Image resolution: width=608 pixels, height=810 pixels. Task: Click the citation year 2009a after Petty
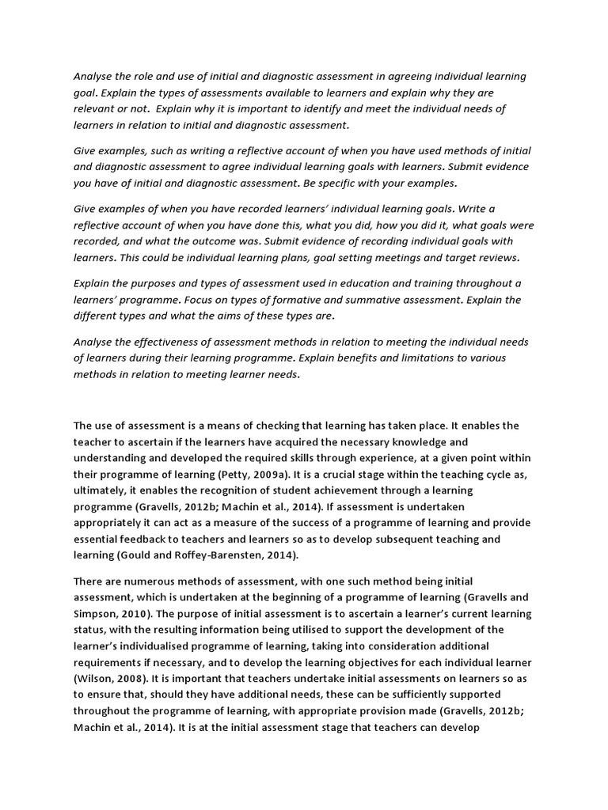[268, 475]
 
